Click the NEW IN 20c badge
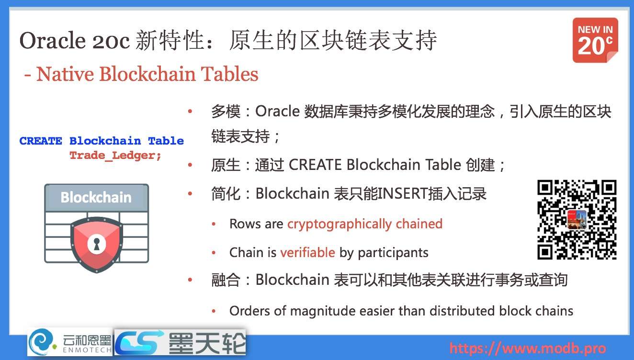pos(595,40)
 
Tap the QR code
pos(577,220)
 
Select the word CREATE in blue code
pos(41,141)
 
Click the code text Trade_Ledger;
pos(115,156)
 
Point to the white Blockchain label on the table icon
pos(96,197)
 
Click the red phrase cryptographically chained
pos(364,224)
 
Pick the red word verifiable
pos(307,252)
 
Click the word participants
pos(393,252)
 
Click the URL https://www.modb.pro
pos(527,348)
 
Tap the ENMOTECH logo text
pos(87,350)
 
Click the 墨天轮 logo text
pos(206,343)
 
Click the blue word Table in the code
pos(166,141)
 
